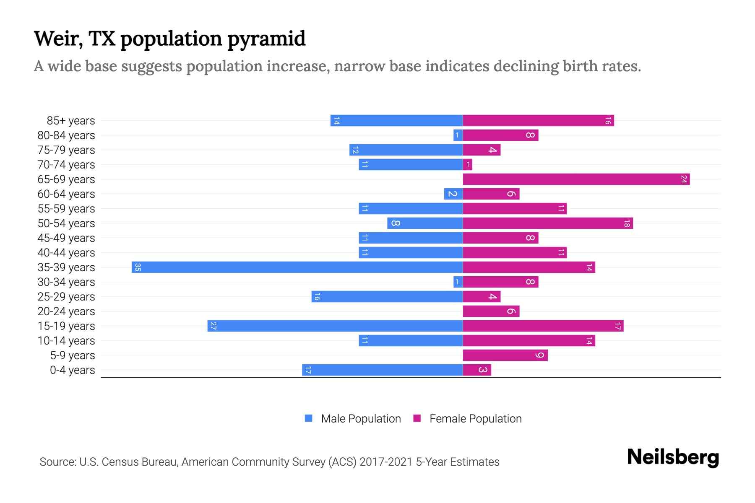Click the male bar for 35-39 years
(x=297, y=267)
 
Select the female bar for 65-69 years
(x=576, y=179)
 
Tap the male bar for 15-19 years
(x=335, y=326)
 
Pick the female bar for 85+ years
(x=538, y=121)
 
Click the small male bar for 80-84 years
(x=458, y=135)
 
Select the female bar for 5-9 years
(x=505, y=355)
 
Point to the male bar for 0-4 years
(x=382, y=370)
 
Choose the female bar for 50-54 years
(x=547, y=223)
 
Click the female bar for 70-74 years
(x=468, y=165)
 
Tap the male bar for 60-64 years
(x=453, y=194)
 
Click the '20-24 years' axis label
(x=66, y=311)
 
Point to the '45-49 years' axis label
(x=66, y=238)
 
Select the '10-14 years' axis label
(x=66, y=341)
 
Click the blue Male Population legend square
(x=309, y=418)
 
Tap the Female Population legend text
(x=475, y=419)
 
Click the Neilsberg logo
(x=673, y=457)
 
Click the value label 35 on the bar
(x=138, y=267)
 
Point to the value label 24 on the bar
(x=684, y=179)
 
